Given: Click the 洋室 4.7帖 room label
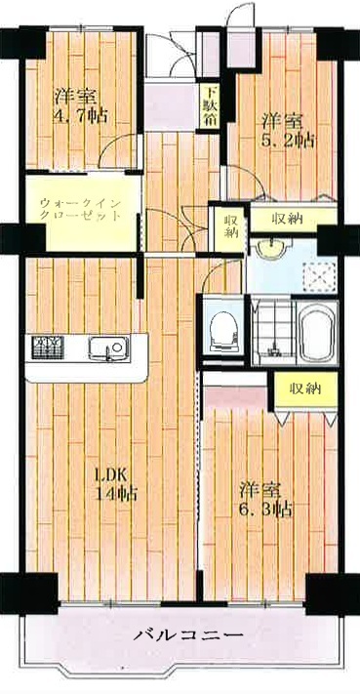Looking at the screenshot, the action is (x=81, y=106).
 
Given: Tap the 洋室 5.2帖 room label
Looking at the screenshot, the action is (x=288, y=131).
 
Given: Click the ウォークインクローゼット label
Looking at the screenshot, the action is (x=80, y=210).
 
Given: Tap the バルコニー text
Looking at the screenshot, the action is (x=189, y=635).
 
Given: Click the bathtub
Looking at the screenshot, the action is (x=317, y=332).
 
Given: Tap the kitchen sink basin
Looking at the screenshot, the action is (x=109, y=347).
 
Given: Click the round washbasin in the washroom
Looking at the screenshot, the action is (x=270, y=249).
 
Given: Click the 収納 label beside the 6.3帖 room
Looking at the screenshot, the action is (x=304, y=389).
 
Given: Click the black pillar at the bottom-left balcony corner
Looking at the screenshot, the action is (x=29, y=593).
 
